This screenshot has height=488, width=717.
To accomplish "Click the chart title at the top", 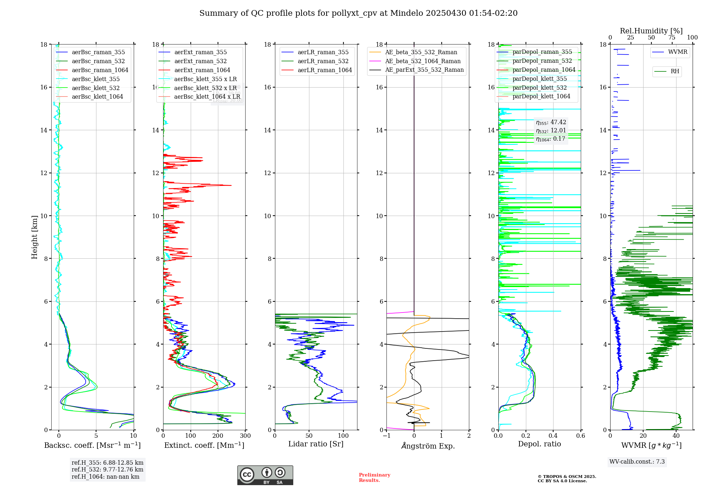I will click(358, 13).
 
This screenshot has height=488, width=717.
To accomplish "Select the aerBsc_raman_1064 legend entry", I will click(100, 70).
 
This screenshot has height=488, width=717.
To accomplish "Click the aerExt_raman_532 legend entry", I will click(200, 61).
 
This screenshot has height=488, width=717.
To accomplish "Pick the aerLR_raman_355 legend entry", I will click(323, 52).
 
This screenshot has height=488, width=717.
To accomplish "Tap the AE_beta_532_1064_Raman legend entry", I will click(423, 61).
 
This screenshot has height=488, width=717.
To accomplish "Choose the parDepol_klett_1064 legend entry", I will click(541, 97).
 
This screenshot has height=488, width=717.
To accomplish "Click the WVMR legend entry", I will click(677, 52).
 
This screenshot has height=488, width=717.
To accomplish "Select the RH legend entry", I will click(674, 71).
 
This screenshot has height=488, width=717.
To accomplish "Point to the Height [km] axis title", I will click(34, 237).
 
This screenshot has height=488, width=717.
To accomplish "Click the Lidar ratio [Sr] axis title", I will click(315, 444).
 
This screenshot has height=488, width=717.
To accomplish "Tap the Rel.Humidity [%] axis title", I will click(651, 31).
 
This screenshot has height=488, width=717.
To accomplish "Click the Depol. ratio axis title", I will click(539, 444).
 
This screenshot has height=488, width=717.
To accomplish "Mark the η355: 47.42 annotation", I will click(551, 122).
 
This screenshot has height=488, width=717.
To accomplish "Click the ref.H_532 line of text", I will click(107, 470).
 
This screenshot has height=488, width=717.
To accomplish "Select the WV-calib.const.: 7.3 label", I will click(637, 462).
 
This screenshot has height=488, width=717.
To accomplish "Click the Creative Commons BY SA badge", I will click(265, 475).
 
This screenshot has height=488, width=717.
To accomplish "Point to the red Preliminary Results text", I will click(374, 478).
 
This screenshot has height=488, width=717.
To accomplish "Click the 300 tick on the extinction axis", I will click(245, 436).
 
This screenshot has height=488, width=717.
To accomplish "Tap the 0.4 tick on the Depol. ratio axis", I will click(553, 436).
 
